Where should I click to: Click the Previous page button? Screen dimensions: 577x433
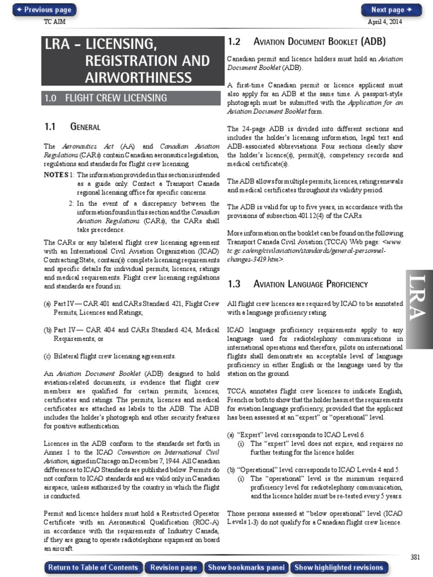coord(44,10)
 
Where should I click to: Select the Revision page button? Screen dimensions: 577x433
coord(174,567)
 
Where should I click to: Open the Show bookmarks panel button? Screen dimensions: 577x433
coord(246,567)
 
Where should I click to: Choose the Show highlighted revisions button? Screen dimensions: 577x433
coord(339,567)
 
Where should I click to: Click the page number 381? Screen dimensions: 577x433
coord(415,557)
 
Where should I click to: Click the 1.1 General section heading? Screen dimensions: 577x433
coord(72,127)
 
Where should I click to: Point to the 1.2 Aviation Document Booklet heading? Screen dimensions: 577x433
coord(307,42)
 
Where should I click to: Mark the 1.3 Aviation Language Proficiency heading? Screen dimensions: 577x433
coord(297,284)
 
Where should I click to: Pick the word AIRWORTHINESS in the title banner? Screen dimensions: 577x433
coord(139,78)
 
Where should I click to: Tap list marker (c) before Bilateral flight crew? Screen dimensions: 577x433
coord(47,356)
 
